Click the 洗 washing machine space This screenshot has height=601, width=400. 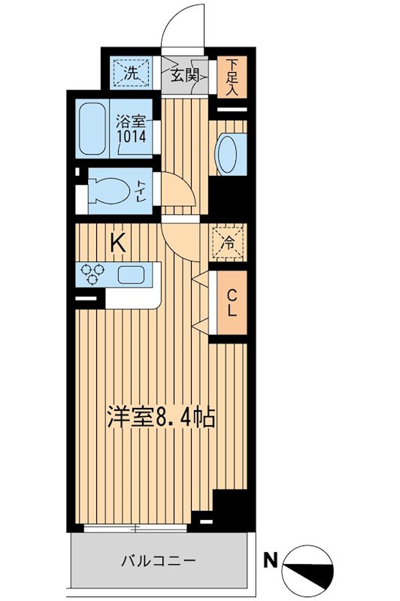[131, 73]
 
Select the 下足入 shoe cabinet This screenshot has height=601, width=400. [232, 77]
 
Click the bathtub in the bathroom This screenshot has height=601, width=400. [92, 128]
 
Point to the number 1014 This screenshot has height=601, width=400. [132, 136]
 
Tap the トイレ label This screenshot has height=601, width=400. [141, 192]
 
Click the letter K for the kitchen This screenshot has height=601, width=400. [118, 243]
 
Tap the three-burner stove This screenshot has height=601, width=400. [92, 274]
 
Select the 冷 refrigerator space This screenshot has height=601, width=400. [228, 242]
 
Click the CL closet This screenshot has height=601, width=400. [232, 303]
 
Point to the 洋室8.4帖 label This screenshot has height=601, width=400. [161, 416]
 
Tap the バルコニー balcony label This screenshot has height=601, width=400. [159, 561]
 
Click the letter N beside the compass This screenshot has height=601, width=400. [271, 561]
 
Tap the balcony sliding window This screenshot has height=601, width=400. [135, 528]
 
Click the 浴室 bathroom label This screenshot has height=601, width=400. [132, 122]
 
